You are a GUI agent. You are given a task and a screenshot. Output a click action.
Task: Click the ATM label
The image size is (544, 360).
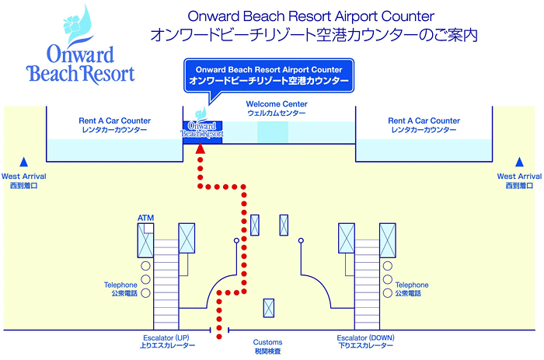(x=145, y=218)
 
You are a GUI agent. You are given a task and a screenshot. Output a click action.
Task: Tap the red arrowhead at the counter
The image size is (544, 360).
(x=201, y=149)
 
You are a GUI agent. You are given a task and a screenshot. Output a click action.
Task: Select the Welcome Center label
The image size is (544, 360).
(x=277, y=103)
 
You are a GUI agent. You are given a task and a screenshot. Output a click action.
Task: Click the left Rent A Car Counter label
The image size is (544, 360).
(x=114, y=121)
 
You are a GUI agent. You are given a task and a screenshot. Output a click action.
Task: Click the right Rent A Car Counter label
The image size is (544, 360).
(x=424, y=121)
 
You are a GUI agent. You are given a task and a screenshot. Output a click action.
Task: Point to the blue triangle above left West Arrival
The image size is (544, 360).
(x=23, y=162)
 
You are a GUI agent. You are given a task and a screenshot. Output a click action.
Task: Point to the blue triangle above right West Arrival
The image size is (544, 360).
(x=519, y=162)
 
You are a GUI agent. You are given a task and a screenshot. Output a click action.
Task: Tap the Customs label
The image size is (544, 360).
(x=267, y=342)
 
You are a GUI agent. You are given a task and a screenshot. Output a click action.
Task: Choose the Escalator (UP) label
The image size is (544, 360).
(x=166, y=337)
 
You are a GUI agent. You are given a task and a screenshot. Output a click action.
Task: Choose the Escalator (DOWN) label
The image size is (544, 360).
(x=366, y=337)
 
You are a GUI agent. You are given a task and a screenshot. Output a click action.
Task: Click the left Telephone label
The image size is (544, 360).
(x=120, y=285)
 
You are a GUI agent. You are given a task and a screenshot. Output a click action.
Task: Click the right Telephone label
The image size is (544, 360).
(x=412, y=285)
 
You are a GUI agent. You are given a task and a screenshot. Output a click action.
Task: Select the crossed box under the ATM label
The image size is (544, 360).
(x=145, y=240)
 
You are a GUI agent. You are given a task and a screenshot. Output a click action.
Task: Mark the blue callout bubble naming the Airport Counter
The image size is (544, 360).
(x=269, y=75)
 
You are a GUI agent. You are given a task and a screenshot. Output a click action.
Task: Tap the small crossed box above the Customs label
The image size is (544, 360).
(x=269, y=308)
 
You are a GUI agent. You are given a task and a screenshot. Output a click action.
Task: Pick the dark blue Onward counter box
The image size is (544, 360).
(x=203, y=132)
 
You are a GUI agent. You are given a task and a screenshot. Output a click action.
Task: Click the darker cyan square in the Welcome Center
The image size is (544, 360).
(x=273, y=132)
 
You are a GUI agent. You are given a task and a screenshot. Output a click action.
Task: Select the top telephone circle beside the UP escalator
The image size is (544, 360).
(x=145, y=266)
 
